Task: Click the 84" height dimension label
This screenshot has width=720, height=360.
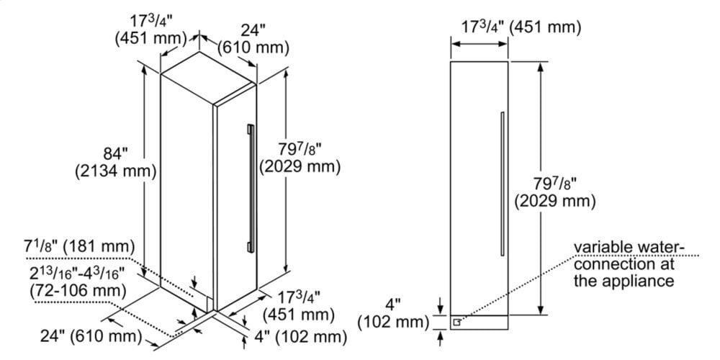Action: coord(114,153)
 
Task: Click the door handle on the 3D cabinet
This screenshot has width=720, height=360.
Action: coord(250,187)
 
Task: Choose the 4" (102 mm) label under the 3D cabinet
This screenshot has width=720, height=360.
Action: coord(297,336)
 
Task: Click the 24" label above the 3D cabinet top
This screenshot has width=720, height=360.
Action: coord(253,30)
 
